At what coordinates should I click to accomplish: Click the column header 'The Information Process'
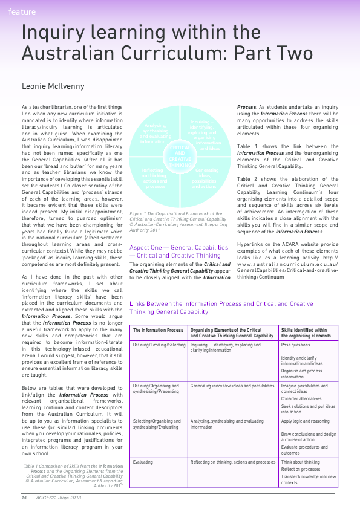(159, 331)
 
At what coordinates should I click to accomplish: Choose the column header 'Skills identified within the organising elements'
(306, 333)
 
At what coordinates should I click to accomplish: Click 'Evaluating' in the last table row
(144, 462)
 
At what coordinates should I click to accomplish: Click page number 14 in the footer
(24, 497)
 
